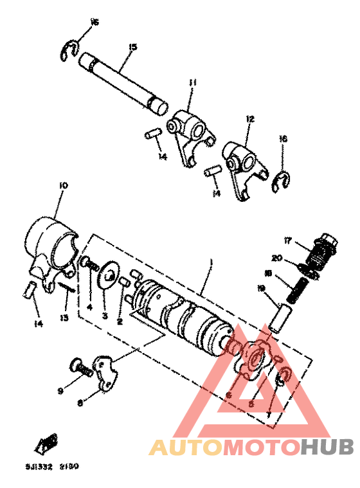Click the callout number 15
click(133, 47)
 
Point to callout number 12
click(250, 119)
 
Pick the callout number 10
click(62, 186)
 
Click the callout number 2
click(120, 321)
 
